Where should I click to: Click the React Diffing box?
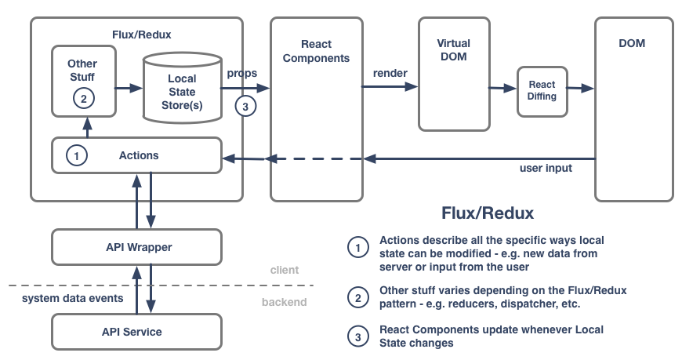pyautogui.click(x=542, y=90)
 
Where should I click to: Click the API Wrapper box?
pyautogui.click(x=138, y=247)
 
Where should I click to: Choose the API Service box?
pyautogui.click(x=132, y=332)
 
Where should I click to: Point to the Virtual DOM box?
pyautogui.click(x=453, y=75)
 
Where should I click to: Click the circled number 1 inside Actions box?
pyautogui.click(x=76, y=155)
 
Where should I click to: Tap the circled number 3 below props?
pyautogui.click(x=245, y=107)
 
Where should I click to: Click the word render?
pyautogui.click(x=390, y=73)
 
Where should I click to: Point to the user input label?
pyautogui.click(x=547, y=169)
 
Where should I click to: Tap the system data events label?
pyautogui.click(x=71, y=298)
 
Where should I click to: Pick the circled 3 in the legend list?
pyautogui.click(x=357, y=336)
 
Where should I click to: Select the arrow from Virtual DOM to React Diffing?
pyautogui.click(x=501, y=89)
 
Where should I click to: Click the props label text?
pyautogui.click(x=242, y=73)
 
